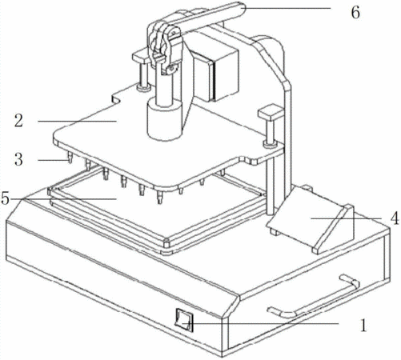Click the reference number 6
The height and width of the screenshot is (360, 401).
[x=355, y=12]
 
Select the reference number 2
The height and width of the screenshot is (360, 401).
[x=19, y=121]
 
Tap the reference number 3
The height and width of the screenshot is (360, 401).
[x=18, y=160]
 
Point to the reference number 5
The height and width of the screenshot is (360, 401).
[x=6, y=198]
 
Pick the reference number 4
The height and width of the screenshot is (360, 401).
[x=395, y=218]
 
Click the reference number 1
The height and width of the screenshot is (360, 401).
[x=363, y=325]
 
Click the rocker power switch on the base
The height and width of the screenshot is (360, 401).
[x=184, y=320]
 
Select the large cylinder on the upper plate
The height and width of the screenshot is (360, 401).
[x=165, y=118]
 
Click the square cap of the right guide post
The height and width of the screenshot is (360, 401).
[x=271, y=112]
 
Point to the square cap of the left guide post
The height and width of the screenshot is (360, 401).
[x=142, y=56]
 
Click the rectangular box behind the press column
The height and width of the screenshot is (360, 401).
[x=216, y=74]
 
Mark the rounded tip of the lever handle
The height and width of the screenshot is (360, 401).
[x=241, y=7]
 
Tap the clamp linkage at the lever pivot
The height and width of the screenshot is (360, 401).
[x=163, y=46]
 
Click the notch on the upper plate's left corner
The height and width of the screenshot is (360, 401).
[x=116, y=100]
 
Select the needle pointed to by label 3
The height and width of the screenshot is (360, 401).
[x=70, y=157]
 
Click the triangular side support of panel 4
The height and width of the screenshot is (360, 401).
[x=334, y=229]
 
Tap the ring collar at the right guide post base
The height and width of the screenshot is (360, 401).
[x=271, y=144]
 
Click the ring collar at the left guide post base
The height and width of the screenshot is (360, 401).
[x=143, y=87]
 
